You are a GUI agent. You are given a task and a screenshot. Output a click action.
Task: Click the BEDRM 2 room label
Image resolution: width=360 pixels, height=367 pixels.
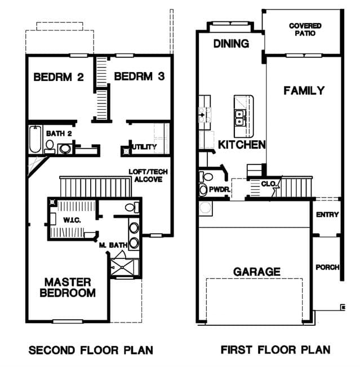(59, 77)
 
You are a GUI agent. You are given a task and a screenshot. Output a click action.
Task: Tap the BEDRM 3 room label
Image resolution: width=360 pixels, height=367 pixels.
(139, 77)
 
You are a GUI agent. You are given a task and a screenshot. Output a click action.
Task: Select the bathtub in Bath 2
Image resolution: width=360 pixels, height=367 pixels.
(35, 139)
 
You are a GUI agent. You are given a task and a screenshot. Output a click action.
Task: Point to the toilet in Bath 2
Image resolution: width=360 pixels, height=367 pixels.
(50, 146)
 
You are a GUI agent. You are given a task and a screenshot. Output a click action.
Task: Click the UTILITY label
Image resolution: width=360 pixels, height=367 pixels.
(144, 147)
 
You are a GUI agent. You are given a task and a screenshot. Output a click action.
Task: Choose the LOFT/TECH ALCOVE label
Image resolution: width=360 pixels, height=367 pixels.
(148, 176)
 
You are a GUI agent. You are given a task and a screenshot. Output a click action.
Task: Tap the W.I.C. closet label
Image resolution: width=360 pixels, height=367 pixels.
(72, 220)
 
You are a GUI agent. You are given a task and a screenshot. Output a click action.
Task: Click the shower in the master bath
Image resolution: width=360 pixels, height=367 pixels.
(123, 267)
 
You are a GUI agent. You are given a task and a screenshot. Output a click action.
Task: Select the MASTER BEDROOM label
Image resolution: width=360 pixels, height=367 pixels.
(68, 288)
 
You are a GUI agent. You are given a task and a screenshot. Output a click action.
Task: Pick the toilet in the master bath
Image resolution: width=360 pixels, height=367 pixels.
(131, 207)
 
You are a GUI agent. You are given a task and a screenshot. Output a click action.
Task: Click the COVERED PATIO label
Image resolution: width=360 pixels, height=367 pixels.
(305, 29)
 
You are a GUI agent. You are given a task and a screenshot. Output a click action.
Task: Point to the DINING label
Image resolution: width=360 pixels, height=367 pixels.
(231, 44)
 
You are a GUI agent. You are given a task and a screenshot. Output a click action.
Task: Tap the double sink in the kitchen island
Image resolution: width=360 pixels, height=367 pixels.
(239, 118)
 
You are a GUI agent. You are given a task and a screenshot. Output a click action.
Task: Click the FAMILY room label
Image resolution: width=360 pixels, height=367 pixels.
(304, 91)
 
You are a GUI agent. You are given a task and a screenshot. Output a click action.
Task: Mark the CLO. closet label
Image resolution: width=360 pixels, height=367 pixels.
(269, 183)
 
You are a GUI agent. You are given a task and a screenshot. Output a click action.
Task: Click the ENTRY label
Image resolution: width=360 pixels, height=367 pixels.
(327, 214)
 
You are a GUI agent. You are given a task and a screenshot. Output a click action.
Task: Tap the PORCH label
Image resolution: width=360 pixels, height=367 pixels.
(327, 267)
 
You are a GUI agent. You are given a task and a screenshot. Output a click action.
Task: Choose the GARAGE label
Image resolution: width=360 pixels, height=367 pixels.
(257, 272)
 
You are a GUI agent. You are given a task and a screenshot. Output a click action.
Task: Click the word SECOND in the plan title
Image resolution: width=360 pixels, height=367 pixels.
(51, 350)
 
